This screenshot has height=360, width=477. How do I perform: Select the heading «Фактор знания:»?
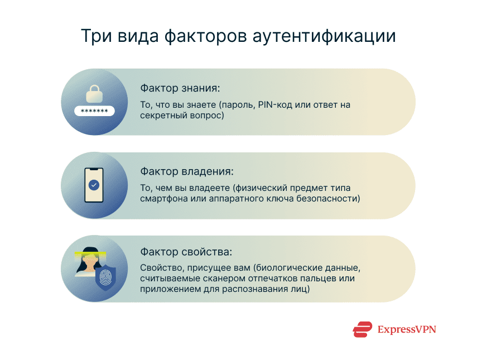tap(180, 88)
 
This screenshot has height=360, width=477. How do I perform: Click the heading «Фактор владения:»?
tap(186, 171)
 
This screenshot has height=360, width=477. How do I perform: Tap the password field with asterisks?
tap(94, 111)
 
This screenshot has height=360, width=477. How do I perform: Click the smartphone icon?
tap(94, 185)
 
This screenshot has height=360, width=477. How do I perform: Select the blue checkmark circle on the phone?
tap(94, 184)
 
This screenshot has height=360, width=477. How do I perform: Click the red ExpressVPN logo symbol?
tap(362, 329)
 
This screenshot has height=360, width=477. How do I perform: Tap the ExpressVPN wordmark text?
tap(406, 329)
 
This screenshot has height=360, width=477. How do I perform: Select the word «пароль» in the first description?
tap(238, 105)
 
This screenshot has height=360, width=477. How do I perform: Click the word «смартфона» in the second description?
tap(162, 198)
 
